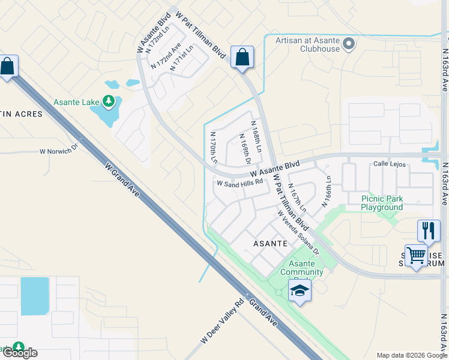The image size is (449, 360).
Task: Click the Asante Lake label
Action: [x=76, y=102]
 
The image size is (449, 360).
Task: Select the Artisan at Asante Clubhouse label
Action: [x=307, y=45]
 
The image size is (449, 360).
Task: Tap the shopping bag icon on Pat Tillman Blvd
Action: [x=241, y=58]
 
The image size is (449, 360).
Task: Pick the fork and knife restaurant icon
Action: [x=429, y=230]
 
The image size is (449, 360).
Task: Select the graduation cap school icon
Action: [x=300, y=292]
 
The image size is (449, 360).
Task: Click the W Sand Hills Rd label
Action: [x=240, y=182]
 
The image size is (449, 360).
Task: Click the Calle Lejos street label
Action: [x=390, y=164]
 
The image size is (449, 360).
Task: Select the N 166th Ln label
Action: [x=327, y=191]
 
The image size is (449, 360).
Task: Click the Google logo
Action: [x=20, y=352]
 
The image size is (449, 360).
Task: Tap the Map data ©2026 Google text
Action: [x=411, y=355]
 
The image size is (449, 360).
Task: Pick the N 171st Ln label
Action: [x=182, y=58]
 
